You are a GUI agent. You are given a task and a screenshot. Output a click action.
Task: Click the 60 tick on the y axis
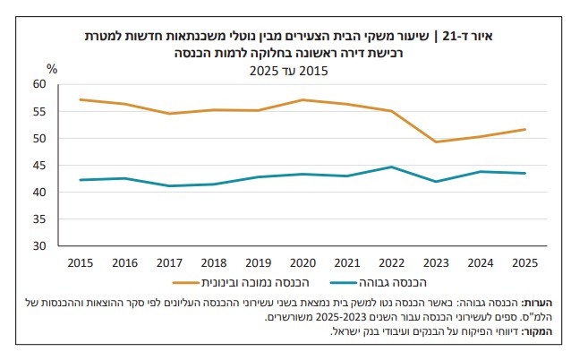pos(38,83)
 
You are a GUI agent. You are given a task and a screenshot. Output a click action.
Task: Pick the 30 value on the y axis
pos(38,245)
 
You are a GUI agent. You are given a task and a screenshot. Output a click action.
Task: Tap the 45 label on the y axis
pos(38,165)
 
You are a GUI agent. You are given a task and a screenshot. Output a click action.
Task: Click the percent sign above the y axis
pos(52,69)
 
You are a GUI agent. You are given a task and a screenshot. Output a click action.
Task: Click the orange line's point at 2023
pos(436,141)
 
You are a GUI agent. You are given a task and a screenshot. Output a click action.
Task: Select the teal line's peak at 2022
pos(391,167)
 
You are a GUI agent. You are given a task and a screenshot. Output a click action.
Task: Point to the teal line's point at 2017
pos(169,185)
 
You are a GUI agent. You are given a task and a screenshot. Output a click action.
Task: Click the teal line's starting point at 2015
pos(80,180)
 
